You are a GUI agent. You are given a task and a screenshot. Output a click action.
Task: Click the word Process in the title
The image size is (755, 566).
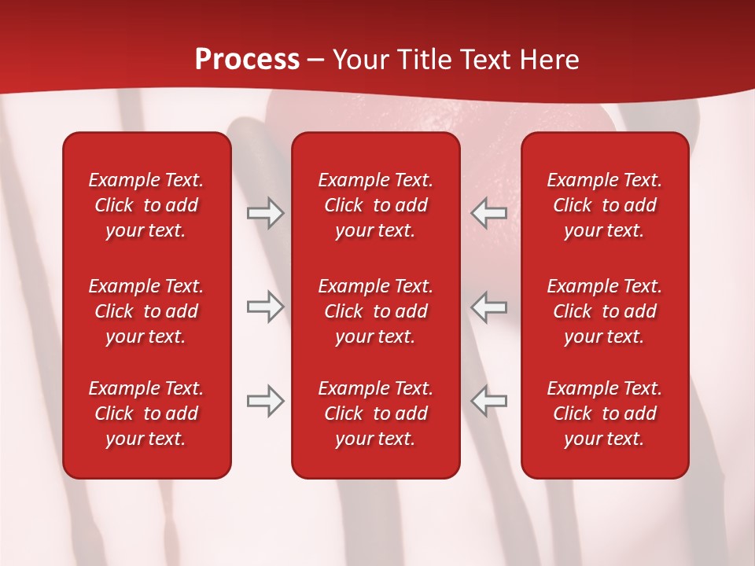[247, 60]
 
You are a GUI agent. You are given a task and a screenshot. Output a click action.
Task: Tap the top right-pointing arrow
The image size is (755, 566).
[265, 213]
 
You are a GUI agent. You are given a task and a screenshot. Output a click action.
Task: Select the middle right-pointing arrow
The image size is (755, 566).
[265, 307]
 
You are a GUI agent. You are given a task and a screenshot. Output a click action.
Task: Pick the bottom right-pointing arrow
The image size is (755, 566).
[265, 401]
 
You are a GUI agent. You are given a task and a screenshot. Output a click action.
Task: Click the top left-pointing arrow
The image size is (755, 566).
[488, 213]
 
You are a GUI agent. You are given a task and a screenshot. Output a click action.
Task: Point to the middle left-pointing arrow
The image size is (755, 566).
[488, 307]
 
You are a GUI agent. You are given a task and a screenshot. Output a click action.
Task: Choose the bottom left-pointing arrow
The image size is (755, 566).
[488, 401]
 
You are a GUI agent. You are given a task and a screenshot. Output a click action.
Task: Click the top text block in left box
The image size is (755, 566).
[146, 205]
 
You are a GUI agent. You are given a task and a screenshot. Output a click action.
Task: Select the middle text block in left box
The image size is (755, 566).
[146, 311]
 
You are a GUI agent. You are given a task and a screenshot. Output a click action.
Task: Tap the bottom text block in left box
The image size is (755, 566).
[146, 413]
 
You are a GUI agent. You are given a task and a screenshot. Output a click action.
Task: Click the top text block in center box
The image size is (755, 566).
[376, 205]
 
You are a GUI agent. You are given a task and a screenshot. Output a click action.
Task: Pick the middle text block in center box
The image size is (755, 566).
[376, 311]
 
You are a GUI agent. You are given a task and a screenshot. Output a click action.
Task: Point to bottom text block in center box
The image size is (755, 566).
[376, 413]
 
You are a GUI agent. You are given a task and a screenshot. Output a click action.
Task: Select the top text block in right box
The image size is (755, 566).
[605, 205]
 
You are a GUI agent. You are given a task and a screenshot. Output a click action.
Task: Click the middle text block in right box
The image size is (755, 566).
[605, 311]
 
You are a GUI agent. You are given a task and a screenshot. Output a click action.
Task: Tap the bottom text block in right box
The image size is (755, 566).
[605, 413]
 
